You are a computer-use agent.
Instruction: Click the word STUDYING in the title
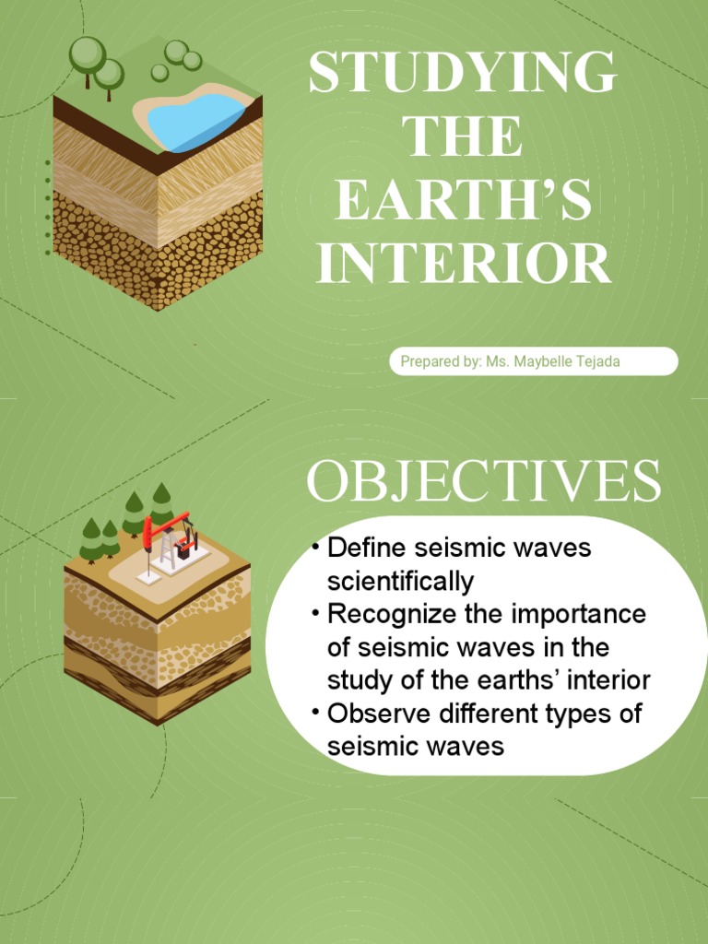coord(463,74)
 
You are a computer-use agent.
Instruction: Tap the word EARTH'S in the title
coord(463,202)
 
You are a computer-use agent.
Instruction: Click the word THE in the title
coord(463,137)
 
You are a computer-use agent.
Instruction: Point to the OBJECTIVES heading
coord(483,482)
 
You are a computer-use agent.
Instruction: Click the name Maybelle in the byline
coord(545,361)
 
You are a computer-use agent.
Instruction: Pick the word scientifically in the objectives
coord(400,581)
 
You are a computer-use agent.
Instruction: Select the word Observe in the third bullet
coord(370,714)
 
